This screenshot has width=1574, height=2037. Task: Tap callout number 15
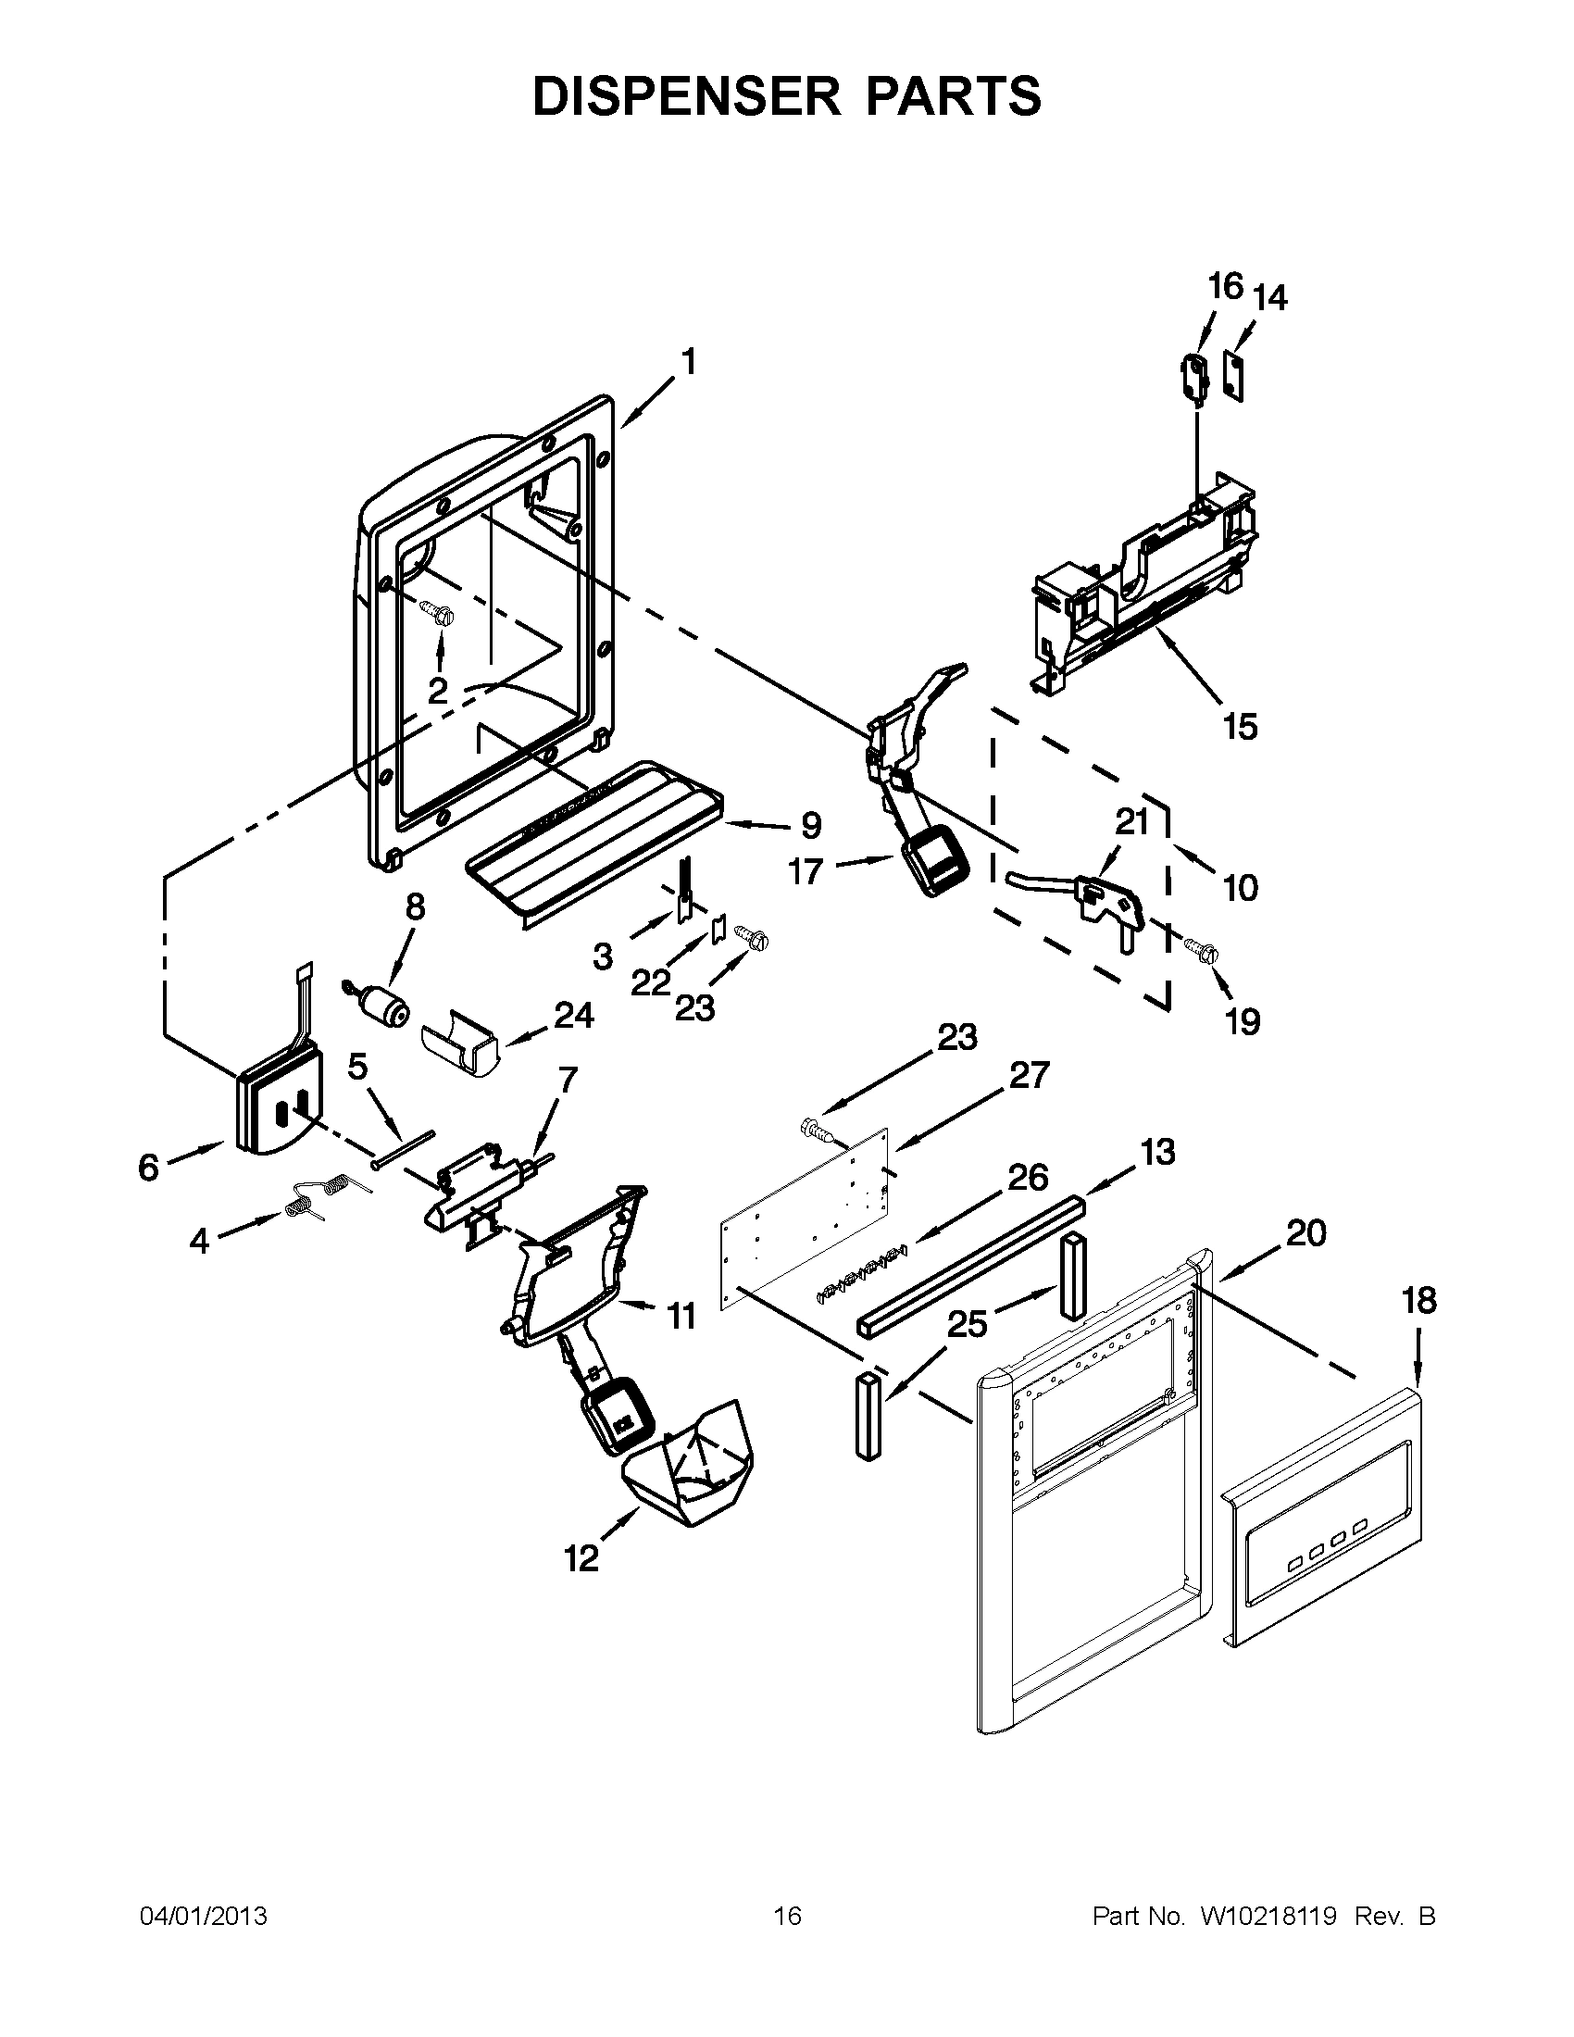tap(1240, 726)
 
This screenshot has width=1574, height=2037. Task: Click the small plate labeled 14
tap(1234, 376)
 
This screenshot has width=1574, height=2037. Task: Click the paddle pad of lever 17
tap(935, 863)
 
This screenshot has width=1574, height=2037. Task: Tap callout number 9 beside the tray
tap(811, 824)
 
